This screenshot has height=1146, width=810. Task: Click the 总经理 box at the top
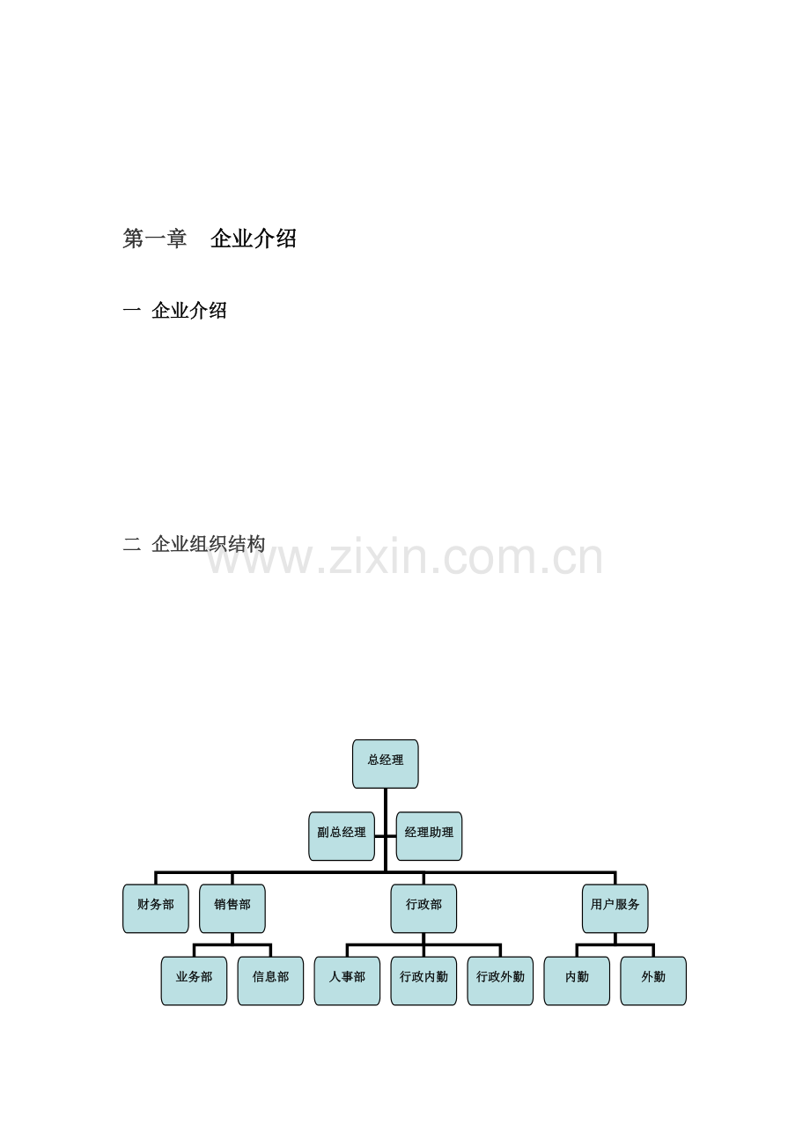(x=386, y=763)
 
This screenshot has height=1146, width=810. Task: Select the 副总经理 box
(x=342, y=836)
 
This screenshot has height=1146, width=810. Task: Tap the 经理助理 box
(x=429, y=836)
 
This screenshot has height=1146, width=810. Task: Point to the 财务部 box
(x=156, y=908)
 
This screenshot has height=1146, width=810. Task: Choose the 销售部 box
(x=232, y=908)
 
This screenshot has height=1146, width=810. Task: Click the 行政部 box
(x=423, y=908)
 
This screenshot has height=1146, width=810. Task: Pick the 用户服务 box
(x=615, y=908)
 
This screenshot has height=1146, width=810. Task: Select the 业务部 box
(x=194, y=981)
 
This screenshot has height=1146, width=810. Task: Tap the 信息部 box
(x=270, y=981)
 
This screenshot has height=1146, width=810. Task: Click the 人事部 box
(x=347, y=981)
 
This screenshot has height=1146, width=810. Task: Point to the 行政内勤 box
(x=423, y=981)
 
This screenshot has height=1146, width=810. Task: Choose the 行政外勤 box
(x=500, y=981)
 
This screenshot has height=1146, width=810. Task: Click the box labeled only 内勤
(x=577, y=981)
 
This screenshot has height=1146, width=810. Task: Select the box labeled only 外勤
(x=653, y=981)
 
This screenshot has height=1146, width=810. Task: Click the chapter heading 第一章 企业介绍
(x=210, y=239)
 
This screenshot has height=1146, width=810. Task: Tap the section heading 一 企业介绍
(x=174, y=311)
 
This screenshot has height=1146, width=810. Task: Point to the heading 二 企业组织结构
(x=194, y=544)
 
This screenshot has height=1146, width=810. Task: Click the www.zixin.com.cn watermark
(x=404, y=557)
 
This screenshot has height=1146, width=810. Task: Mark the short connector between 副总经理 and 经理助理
(x=386, y=836)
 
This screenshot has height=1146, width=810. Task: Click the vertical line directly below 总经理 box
(x=386, y=829)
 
